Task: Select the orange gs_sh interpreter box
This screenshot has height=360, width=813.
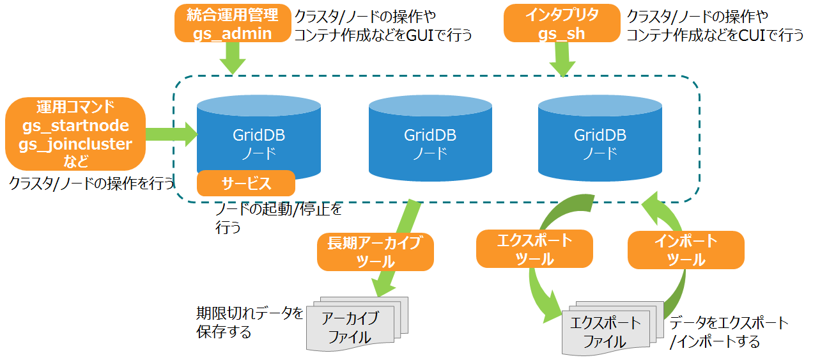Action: click(x=561, y=24)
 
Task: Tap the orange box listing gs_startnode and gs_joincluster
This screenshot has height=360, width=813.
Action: click(x=75, y=134)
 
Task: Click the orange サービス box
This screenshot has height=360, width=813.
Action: click(x=246, y=184)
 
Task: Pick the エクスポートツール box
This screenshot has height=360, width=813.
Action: click(x=534, y=249)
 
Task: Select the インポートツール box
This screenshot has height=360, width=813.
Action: click(x=686, y=250)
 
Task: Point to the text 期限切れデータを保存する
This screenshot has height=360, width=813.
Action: click(x=249, y=322)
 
